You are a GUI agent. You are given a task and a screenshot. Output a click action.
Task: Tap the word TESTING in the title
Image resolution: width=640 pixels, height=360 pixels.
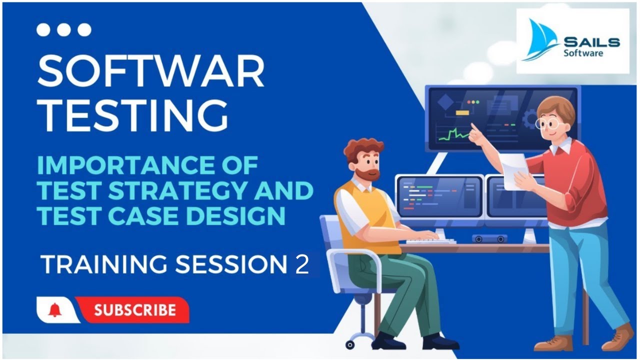click(132, 115)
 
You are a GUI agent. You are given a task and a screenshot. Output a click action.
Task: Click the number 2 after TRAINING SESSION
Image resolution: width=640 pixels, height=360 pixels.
click(302, 265)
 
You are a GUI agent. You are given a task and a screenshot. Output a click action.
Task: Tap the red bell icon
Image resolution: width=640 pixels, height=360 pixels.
click(54, 310)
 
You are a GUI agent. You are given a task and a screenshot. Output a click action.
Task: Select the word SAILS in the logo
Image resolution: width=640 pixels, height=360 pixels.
click(591, 42)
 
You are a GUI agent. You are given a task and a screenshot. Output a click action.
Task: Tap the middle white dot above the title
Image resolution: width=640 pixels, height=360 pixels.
click(64, 30)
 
